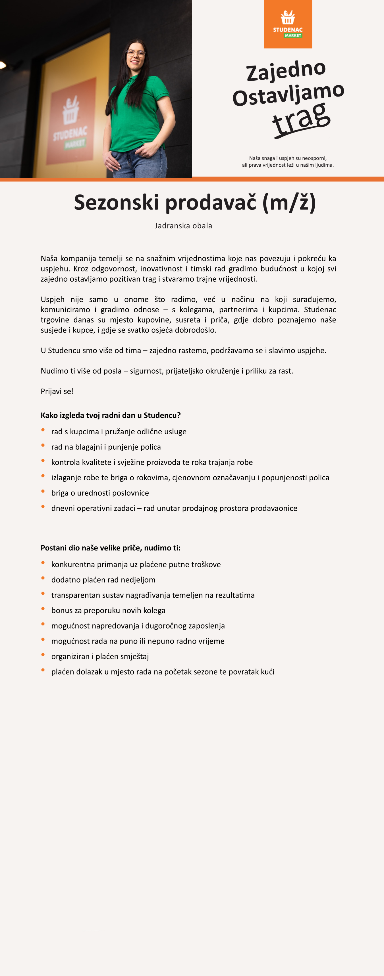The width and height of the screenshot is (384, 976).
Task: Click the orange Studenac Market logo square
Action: click(288, 24)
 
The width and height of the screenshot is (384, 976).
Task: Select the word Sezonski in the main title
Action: click(116, 202)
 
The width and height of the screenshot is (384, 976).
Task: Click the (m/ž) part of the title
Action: click(289, 202)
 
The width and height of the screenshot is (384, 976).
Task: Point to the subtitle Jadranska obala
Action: click(183, 226)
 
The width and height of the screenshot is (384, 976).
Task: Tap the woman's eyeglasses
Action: click(136, 53)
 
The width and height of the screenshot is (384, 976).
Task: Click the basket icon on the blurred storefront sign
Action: click(71, 110)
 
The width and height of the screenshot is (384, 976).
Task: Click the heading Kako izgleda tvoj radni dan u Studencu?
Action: click(110, 415)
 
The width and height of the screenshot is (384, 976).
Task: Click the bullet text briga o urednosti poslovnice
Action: click(100, 493)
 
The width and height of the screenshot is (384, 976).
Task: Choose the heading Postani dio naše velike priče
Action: click(110, 548)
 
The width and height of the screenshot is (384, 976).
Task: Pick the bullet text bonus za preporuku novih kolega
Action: click(108, 610)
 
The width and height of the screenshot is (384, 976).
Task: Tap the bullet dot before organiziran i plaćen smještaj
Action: click(43, 655)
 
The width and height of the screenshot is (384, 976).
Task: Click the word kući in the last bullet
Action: click(267, 672)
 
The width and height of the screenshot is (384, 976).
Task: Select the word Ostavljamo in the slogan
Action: click(288, 94)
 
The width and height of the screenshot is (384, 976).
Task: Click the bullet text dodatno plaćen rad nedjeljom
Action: click(103, 580)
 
